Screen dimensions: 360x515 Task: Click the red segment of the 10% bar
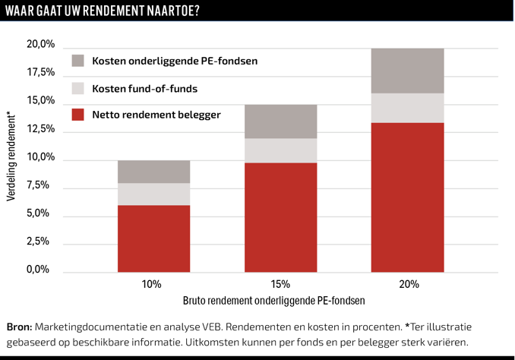[153, 238]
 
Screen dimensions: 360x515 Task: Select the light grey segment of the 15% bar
[280, 150]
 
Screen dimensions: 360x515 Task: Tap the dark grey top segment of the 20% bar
[407, 71]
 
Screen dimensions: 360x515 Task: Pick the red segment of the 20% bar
[407, 197]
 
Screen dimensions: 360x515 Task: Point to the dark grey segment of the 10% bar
[153, 172]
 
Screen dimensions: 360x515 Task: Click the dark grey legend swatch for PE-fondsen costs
[78, 61]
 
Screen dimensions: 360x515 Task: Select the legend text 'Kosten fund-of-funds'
[144, 89]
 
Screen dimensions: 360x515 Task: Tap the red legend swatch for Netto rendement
[78, 115]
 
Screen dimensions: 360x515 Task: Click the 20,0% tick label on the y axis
[41, 45]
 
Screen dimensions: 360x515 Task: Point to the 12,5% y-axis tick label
[41, 129]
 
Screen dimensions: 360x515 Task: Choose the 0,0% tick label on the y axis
[43, 270]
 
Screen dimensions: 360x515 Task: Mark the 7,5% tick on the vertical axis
[43, 185]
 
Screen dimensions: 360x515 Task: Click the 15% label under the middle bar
[280, 284]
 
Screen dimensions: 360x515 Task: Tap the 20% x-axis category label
[408, 284]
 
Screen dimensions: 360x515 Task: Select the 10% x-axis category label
[151, 284]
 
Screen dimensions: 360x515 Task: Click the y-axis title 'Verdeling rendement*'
[11, 155]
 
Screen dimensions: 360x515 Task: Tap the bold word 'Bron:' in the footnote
[19, 327]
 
